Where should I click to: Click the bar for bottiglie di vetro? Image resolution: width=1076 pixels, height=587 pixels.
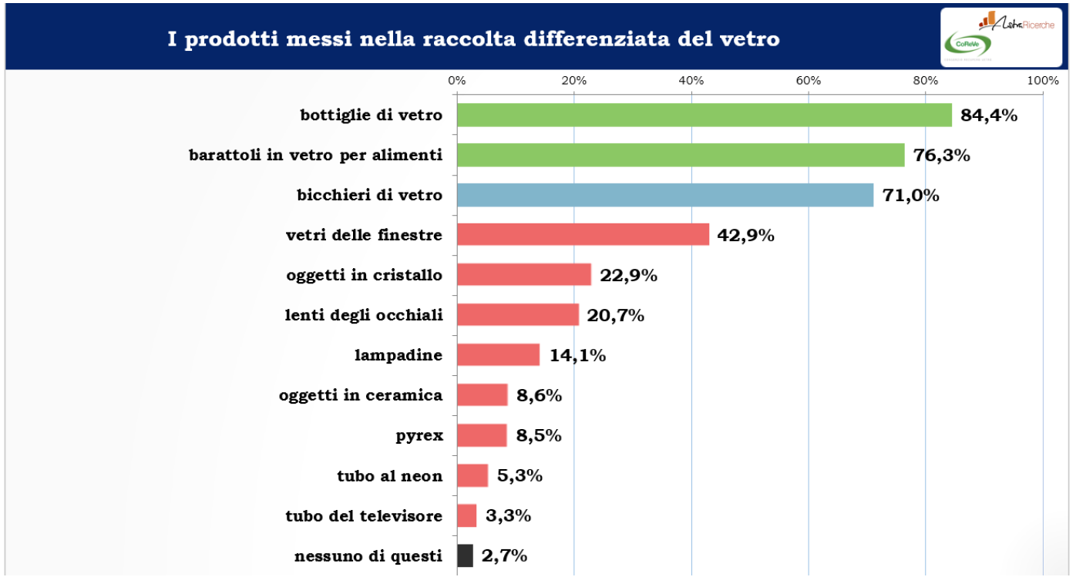click(704, 115)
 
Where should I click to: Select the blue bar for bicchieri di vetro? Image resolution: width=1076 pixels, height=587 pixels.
click(664, 195)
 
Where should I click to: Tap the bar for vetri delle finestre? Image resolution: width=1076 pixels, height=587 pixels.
click(583, 235)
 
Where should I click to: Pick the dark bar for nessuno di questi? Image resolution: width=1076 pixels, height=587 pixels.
click(465, 555)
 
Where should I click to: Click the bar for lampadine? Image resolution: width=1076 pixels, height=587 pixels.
click(498, 355)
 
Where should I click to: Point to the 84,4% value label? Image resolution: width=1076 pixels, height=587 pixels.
click(989, 116)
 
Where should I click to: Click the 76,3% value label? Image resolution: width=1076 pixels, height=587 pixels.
click(941, 156)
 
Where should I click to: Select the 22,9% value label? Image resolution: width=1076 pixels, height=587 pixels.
click(628, 276)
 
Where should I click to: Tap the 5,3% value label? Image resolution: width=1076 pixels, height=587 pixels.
click(520, 475)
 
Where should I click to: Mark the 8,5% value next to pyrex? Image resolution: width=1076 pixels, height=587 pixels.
click(538, 436)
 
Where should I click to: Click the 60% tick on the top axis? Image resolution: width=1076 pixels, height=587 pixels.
click(808, 80)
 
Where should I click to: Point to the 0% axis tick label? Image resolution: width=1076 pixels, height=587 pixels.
click(456, 80)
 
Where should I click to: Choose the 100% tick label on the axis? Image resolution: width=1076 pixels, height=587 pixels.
click(1042, 80)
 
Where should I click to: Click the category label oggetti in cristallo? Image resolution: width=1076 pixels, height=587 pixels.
click(364, 275)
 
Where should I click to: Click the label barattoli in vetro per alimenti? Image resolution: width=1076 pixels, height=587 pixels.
click(315, 155)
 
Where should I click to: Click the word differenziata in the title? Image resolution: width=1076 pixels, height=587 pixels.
click(588, 38)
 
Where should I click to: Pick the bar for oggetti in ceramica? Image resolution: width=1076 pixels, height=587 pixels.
click(482, 395)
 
